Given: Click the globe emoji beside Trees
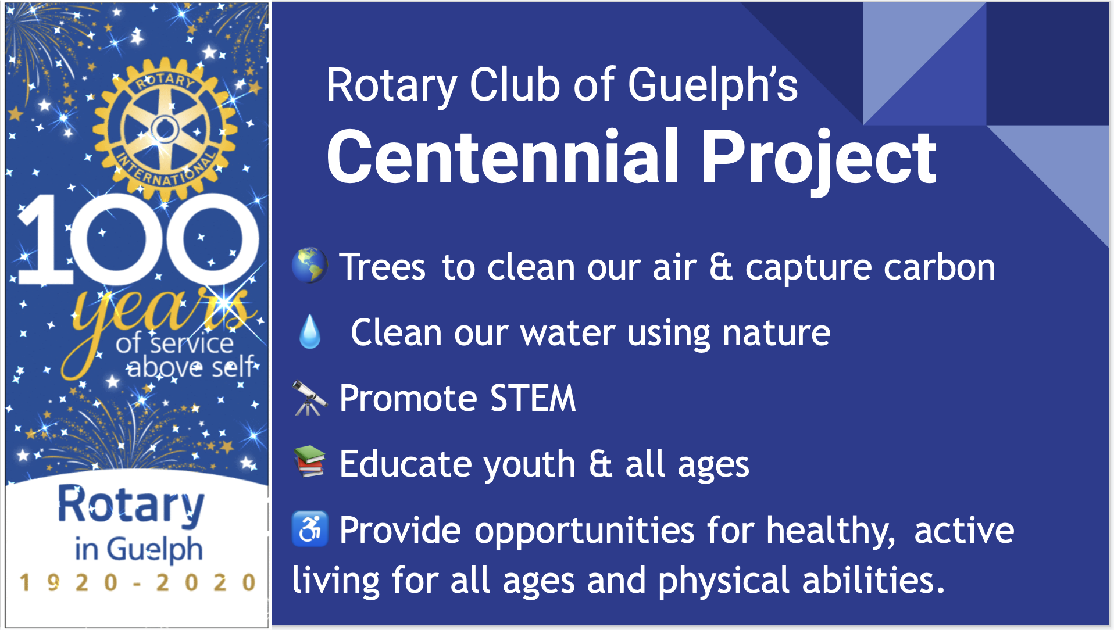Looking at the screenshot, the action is [x=309, y=265].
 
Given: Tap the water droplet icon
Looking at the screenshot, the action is [x=310, y=331].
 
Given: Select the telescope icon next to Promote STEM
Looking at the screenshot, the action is [x=309, y=398].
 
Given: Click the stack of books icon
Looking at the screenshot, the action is [x=309, y=461].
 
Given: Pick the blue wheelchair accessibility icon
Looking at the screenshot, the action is [x=310, y=529].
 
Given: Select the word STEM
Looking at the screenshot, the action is [x=533, y=398].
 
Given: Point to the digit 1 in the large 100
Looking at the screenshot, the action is [x=45, y=239].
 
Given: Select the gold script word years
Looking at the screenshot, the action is [x=157, y=325].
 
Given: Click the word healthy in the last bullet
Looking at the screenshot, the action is [x=830, y=532].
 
